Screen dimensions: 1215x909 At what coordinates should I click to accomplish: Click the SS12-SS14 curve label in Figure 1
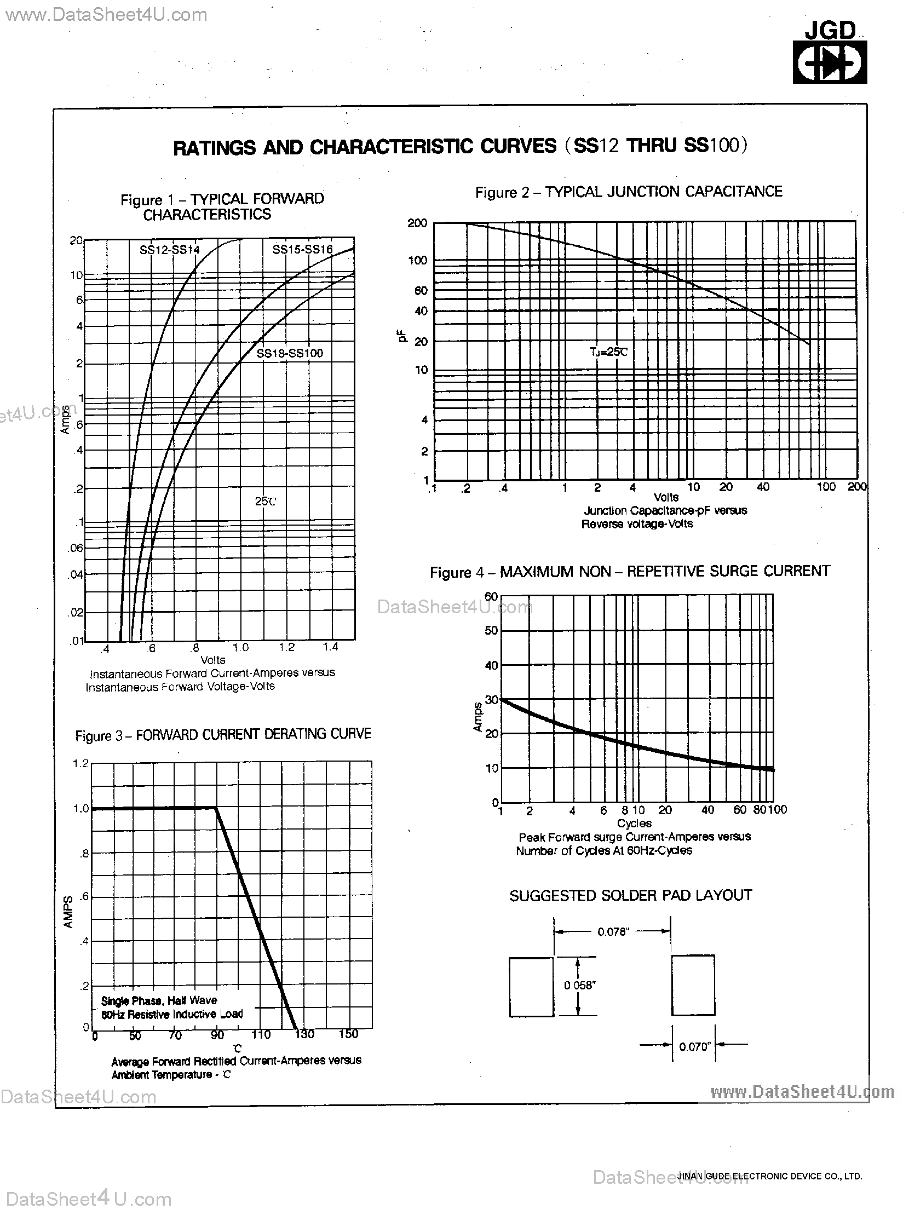(x=169, y=250)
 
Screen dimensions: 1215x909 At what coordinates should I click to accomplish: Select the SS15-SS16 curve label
(x=302, y=249)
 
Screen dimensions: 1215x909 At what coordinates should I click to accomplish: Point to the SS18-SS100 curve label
(x=290, y=353)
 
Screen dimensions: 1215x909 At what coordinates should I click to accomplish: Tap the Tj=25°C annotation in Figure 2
(x=608, y=352)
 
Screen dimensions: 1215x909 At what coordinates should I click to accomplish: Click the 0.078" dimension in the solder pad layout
(x=612, y=931)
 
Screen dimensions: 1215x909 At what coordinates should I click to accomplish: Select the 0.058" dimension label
(x=579, y=985)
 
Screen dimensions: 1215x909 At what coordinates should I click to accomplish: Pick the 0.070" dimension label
(x=695, y=1046)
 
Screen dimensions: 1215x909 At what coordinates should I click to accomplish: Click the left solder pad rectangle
(x=531, y=987)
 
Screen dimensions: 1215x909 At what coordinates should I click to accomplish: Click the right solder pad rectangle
(x=693, y=985)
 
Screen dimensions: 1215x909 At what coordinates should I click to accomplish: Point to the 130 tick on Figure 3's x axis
(x=304, y=1034)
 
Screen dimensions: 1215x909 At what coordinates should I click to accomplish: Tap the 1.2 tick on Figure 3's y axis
(x=80, y=763)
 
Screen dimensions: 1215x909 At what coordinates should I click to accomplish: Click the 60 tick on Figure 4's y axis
(x=491, y=596)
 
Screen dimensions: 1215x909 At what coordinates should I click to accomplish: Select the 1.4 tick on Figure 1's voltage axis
(x=330, y=647)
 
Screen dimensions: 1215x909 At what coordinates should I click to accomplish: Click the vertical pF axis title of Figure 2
(x=402, y=336)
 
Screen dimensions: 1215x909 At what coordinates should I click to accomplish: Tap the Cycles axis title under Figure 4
(x=634, y=823)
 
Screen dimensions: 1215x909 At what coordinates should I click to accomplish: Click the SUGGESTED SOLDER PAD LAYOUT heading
(x=630, y=896)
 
